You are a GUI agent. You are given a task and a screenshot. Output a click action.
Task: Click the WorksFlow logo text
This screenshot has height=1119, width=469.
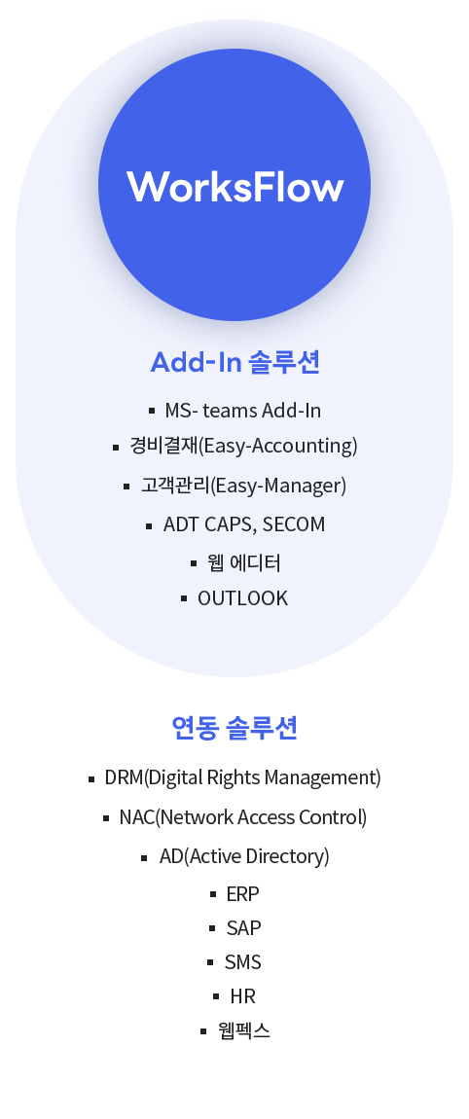pyautogui.click(x=234, y=187)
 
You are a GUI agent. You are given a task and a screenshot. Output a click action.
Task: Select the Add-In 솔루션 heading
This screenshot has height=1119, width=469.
pyautogui.click(x=234, y=363)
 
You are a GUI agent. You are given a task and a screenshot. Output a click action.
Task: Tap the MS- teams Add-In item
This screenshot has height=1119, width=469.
pyautogui.click(x=242, y=411)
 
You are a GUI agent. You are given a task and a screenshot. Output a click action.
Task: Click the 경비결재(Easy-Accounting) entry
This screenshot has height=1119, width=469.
pyautogui.click(x=243, y=446)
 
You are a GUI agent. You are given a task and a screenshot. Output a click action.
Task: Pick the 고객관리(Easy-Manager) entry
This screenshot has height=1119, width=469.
pyautogui.click(x=243, y=486)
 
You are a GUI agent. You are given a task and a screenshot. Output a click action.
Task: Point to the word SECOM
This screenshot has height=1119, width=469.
pyautogui.click(x=294, y=524)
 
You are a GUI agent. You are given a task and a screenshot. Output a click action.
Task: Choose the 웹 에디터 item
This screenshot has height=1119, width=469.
pyautogui.click(x=243, y=563)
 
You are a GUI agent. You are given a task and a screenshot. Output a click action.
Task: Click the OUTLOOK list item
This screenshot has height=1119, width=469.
pyautogui.click(x=242, y=598)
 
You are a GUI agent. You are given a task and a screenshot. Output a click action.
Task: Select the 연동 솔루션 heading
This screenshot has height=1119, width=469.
pyautogui.click(x=234, y=728)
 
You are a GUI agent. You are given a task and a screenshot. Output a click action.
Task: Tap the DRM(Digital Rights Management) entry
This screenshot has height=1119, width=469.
pyautogui.click(x=242, y=777)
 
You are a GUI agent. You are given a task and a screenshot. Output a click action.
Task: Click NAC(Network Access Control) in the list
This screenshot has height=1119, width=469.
pyautogui.click(x=242, y=817)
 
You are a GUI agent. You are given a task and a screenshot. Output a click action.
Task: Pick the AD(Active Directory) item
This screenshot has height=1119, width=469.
pyautogui.click(x=244, y=855)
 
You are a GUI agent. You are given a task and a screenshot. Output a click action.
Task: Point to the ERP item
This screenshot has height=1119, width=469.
pyautogui.click(x=242, y=893)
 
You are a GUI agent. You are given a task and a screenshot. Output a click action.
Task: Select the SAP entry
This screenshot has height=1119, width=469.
pyautogui.click(x=243, y=927)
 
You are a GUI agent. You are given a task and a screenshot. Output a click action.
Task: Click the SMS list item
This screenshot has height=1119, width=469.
pyautogui.click(x=242, y=962)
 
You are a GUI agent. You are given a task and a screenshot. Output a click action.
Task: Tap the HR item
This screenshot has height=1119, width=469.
pyautogui.click(x=242, y=995)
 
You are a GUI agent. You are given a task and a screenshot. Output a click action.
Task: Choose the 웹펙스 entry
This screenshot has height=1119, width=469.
pyautogui.click(x=244, y=1030)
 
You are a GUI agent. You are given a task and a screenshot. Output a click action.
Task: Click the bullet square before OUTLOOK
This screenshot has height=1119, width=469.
pyautogui.click(x=184, y=598)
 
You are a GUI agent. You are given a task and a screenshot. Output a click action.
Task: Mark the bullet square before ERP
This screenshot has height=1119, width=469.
pyautogui.click(x=213, y=894)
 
